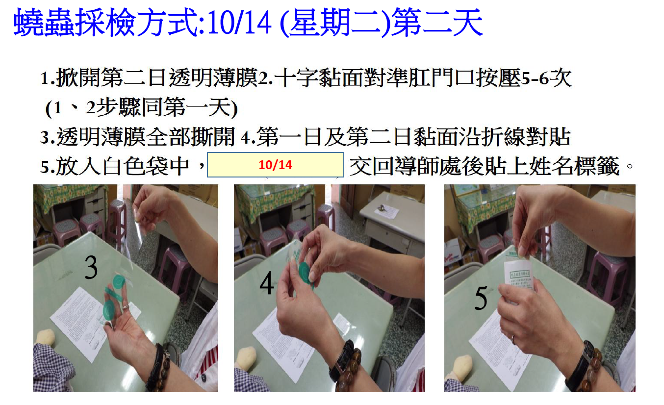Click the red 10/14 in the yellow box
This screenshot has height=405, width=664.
click(276, 165)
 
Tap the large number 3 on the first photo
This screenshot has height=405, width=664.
click(91, 267)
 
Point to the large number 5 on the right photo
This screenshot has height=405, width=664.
click(481, 298)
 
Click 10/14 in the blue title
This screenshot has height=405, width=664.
click(239, 23)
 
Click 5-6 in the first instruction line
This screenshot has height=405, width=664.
click(535, 78)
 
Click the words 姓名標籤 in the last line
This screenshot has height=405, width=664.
click(574, 166)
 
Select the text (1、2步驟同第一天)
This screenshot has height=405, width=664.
click(142, 107)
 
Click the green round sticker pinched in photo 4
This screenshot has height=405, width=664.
click(306, 271)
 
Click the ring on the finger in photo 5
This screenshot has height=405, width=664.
click(513, 339)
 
